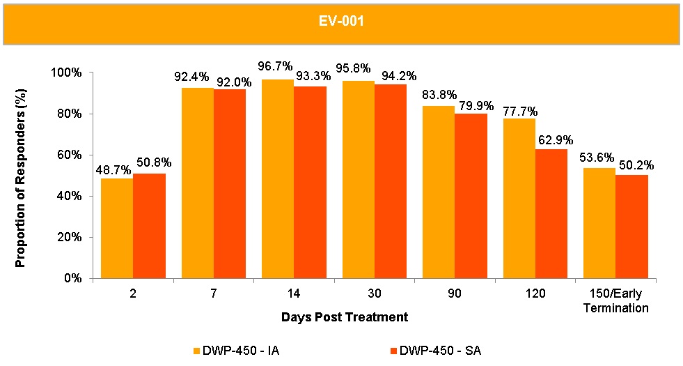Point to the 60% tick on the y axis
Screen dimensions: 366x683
[x=70, y=155]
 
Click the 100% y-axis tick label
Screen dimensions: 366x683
[x=67, y=73]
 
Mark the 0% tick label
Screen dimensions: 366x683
[x=72, y=278]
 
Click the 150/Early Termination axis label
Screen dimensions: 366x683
[x=615, y=300]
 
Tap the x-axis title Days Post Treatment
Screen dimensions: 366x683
[x=344, y=317]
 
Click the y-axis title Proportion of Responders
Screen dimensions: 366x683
[x=21, y=175]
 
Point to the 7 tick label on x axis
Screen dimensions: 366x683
[x=213, y=293]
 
